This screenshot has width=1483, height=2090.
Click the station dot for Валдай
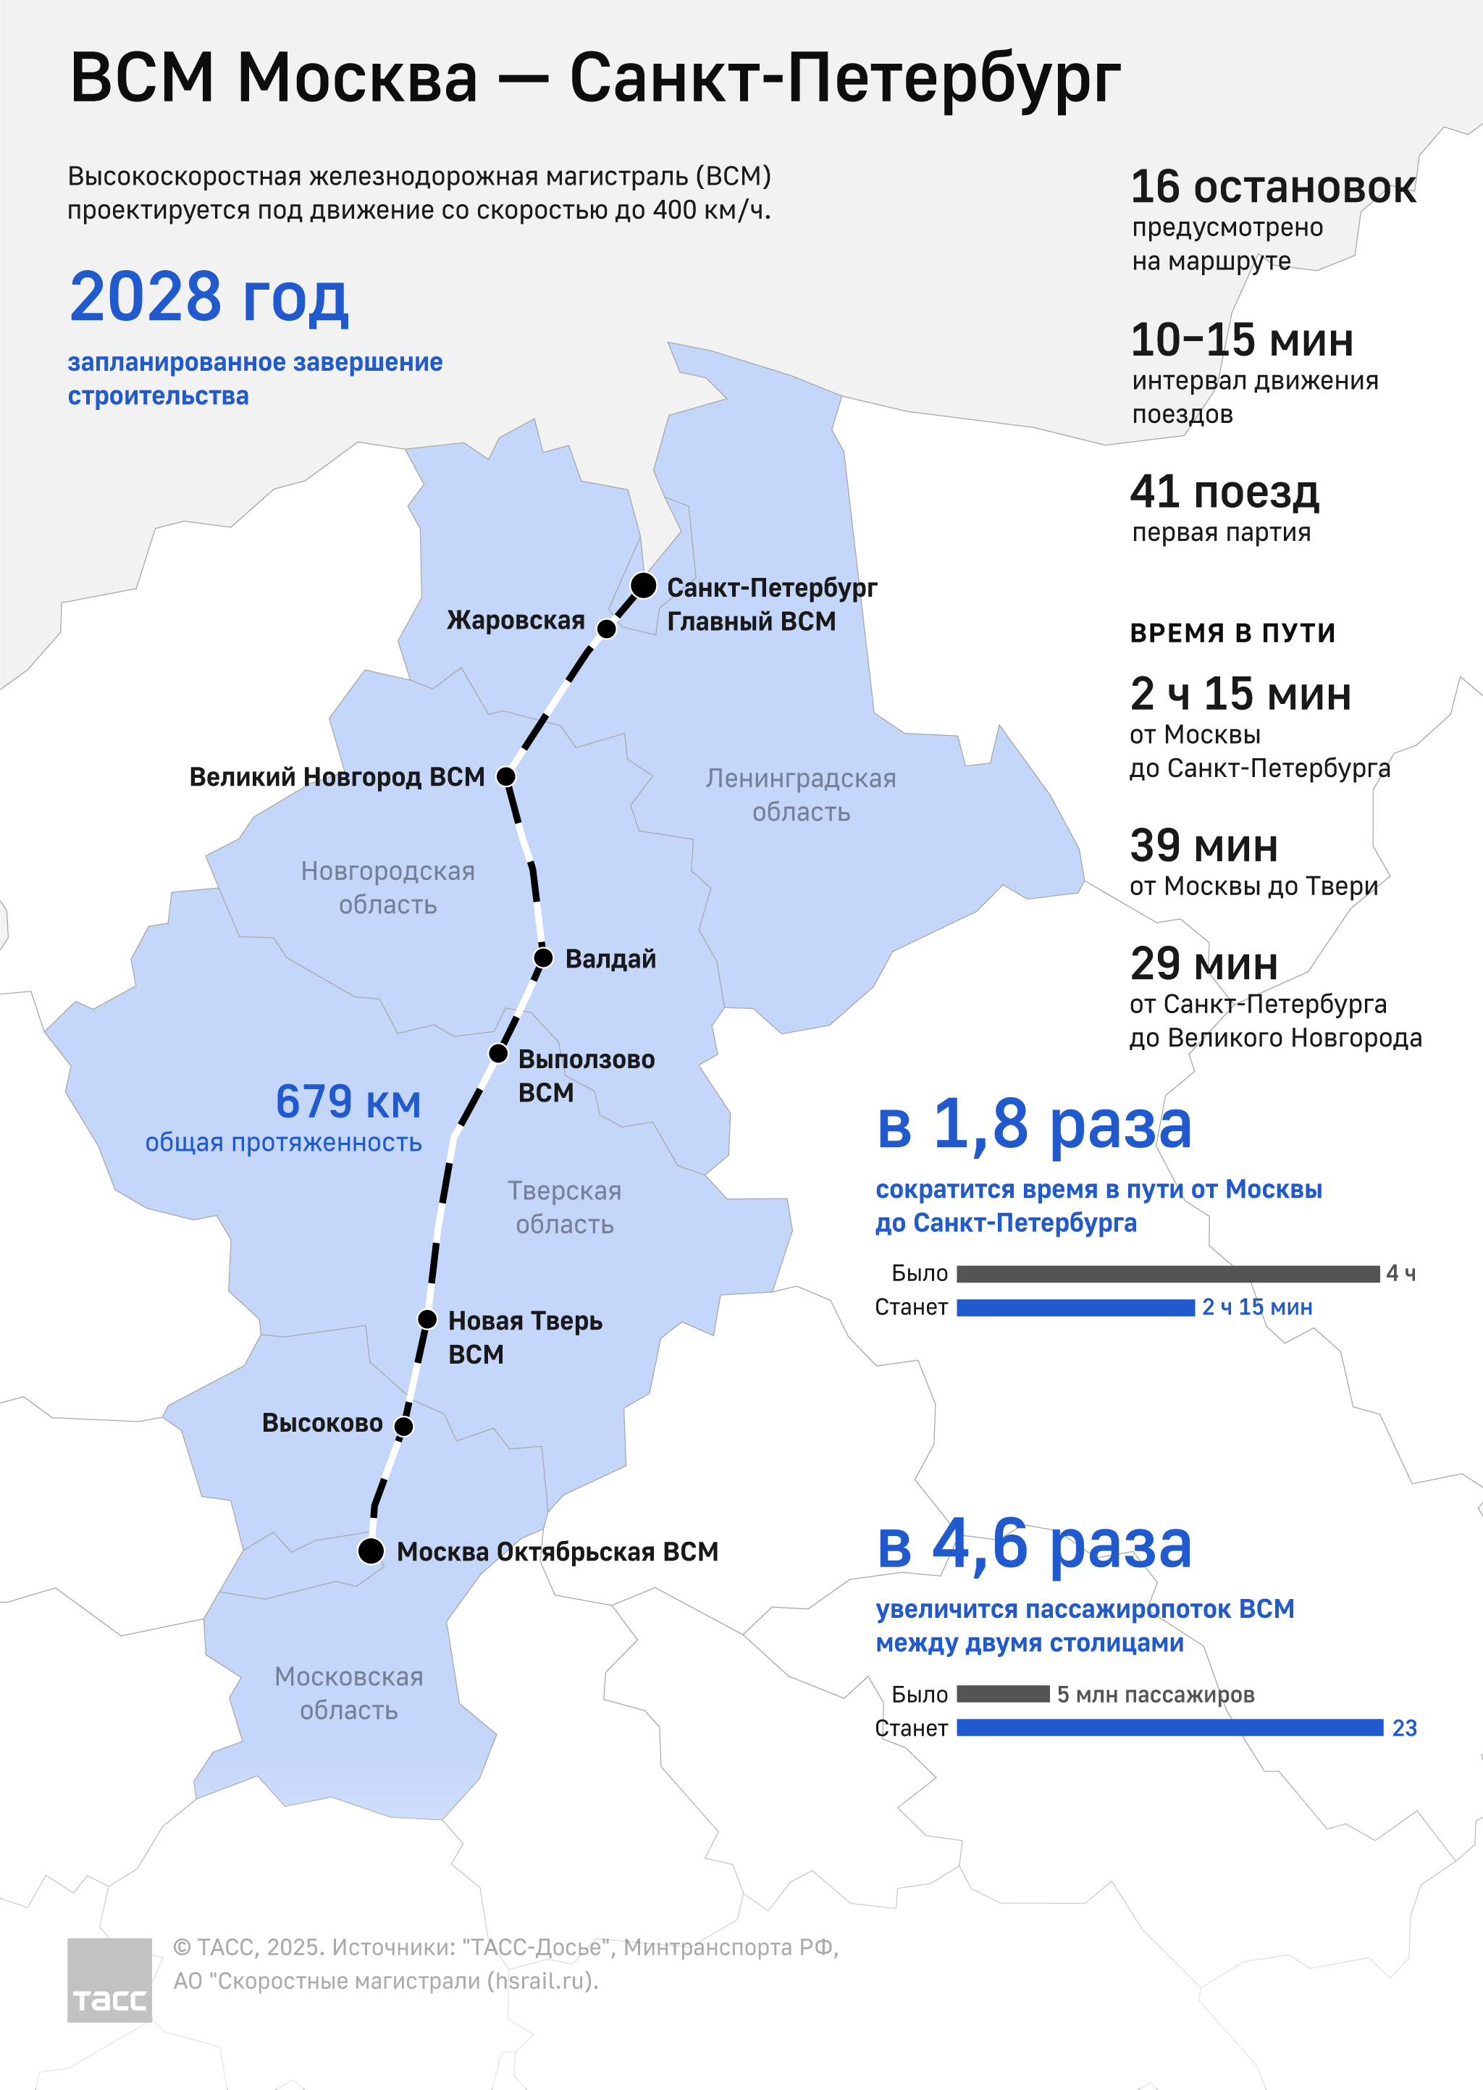pos(542,958)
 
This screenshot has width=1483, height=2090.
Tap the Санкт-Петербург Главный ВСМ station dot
pos(643,585)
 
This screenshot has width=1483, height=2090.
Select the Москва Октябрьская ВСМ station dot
pos(371,1550)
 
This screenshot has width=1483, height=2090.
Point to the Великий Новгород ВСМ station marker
pos(506,776)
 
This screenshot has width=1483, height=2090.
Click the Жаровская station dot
pos(606,628)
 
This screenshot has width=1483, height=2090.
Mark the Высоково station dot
pos(403,1426)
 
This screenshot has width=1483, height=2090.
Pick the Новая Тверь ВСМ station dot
pos(427,1319)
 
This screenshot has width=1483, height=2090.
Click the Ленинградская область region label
pos(801,794)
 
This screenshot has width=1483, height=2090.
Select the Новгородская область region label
pos(388,888)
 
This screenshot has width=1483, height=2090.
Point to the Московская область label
pos(349,1693)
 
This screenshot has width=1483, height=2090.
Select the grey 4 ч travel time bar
pos(1168,1274)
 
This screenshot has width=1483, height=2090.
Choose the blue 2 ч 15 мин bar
pos(1076,1307)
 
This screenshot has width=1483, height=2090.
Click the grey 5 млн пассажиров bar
pos(1003,1694)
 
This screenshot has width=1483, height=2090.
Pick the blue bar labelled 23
pos(1169,1727)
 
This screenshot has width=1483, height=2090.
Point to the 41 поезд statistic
pos(1224,492)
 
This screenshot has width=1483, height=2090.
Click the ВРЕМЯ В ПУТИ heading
pos(1232,633)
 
